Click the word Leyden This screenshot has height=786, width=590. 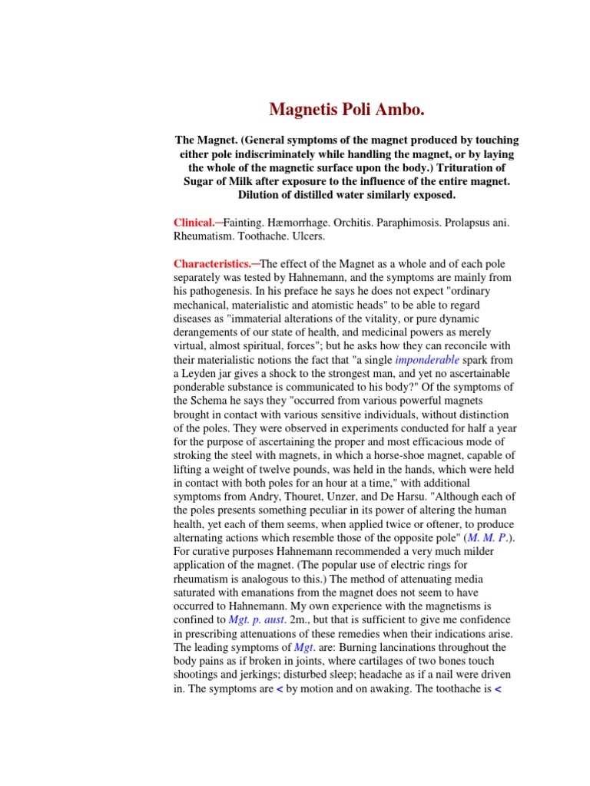pyautogui.click(x=206, y=374)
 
